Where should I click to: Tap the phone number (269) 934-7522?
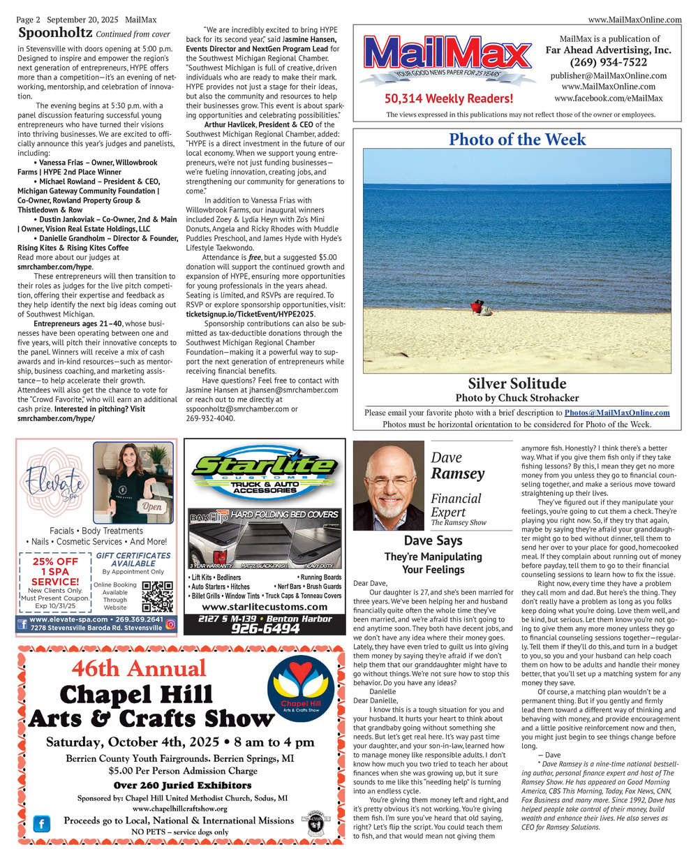pyautogui.click(x=608, y=62)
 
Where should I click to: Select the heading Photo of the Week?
pyautogui.click(x=517, y=140)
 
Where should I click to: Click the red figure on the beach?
pyautogui.click(x=477, y=306)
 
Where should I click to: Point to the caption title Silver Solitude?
pyautogui.click(x=517, y=383)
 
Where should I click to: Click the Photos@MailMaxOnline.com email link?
pyautogui.click(x=616, y=413)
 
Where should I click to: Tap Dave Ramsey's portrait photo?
pyautogui.click(x=388, y=485)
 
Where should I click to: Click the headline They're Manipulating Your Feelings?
pyautogui.click(x=433, y=563)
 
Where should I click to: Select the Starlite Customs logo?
pyautogui.click(x=264, y=473)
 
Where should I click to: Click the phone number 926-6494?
pyautogui.click(x=265, y=628)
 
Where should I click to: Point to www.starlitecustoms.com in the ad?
pyautogui.click(x=264, y=608)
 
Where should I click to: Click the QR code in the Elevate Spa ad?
pyautogui.click(x=157, y=596)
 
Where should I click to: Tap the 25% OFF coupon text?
pyautogui.click(x=55, y=561)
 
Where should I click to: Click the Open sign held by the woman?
pyautogui.click(x=152, y=506)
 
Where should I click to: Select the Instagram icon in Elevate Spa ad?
pyautogui.click(x=170, y=625)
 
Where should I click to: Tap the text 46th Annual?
pyautogui.click(x=139, y=669)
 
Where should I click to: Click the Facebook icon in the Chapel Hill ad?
pyautogui.click(x=42, y=824)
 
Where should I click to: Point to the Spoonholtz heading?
pyautogui.click(x=55, y=33)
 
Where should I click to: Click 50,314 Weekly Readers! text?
pyautogui.click(x=448, y=99)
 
